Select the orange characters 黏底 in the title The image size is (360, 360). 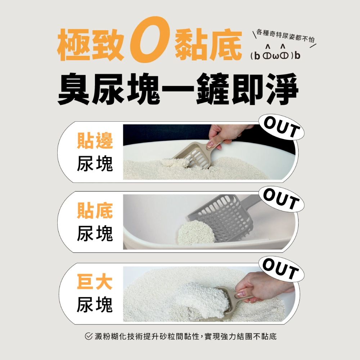[208, 44]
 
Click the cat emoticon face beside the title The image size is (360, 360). [275, 53]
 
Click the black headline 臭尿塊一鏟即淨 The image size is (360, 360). [178, 89]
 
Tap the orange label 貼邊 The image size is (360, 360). [95, 140]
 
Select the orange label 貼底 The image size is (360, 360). [95, 211]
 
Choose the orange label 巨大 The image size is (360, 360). [95, 282]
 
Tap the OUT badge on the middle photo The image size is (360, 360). [282, 199]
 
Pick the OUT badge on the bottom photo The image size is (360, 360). [282, 269]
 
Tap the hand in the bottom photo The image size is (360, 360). [264, 287]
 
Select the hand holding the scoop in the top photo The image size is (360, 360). [227, 135]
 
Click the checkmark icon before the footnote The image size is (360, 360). [89, 336]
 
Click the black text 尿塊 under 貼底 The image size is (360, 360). [95, 233]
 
